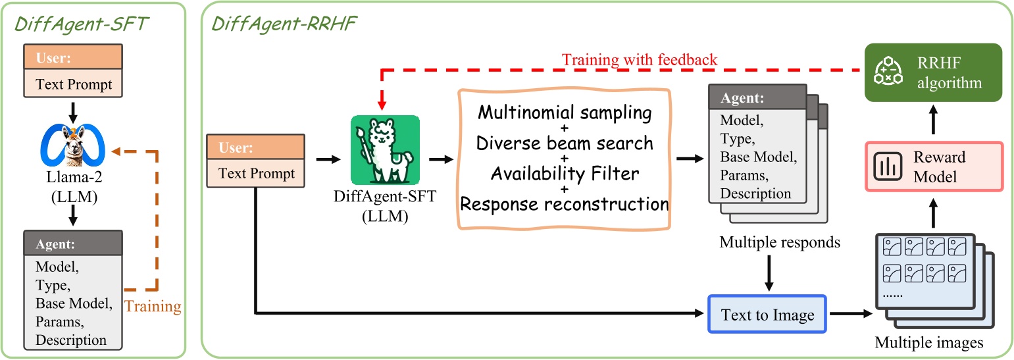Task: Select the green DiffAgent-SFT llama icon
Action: tap(385, 150)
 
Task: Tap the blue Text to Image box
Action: tap(767, 315)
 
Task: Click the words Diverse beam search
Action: tap(565, 143)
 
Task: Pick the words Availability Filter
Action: tap(565, 173)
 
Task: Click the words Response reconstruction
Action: tap(565, 203)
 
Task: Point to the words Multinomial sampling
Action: tap(565, 113)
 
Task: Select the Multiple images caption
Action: tap(928, 342)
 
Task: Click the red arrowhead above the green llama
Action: tap(382, 105)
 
